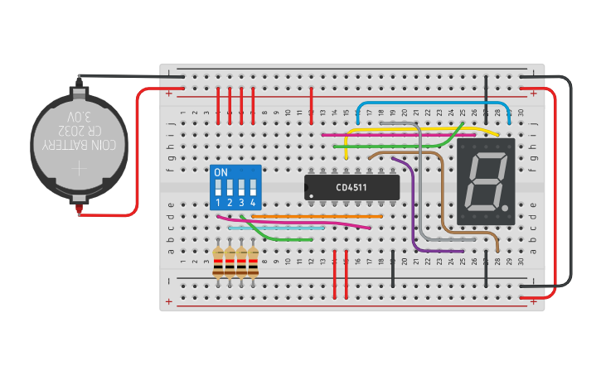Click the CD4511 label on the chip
click(351, 188)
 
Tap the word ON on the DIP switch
click(221, 172)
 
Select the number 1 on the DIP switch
click(219, 203)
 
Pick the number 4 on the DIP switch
click(253, 203)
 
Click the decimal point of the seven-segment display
click(506, 205)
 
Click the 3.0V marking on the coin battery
click(81, 116)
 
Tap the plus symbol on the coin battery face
click(79, 168)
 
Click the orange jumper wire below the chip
click(315, 215)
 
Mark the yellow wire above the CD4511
click(414, 129)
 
